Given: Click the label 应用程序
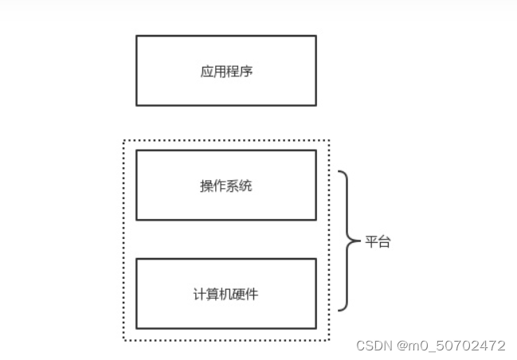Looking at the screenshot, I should click(x=226, y=72).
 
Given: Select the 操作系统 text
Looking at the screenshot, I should click(x=226, y=186).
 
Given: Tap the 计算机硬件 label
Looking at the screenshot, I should click(x=226, y=294).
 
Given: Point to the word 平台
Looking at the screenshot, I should click(x=378, y=242).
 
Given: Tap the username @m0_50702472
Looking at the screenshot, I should click(x=451, y=346).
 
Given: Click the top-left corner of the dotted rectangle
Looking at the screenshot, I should click(x=124, y=142).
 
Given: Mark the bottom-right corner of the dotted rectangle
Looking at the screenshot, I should click(x=328, y=340).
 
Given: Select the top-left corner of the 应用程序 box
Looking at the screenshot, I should click(x=136, y=36).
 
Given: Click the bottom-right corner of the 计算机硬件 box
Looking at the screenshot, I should click(x=315, y=328).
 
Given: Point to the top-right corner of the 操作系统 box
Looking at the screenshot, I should click(x=315, y=150).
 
